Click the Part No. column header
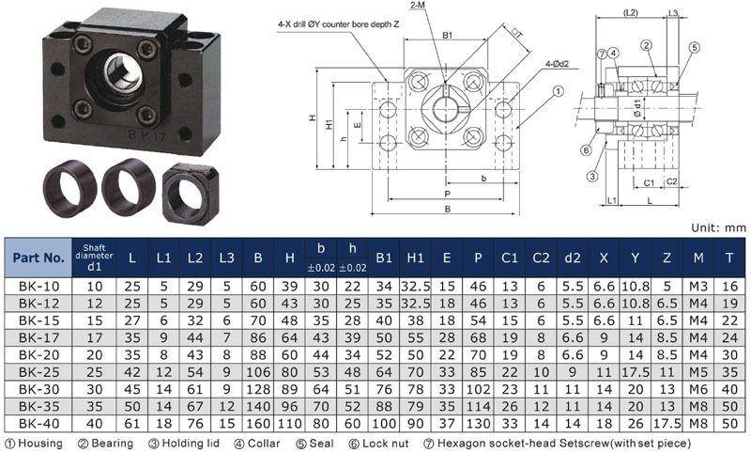[x=38, y=258]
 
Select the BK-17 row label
[x=38, y=338]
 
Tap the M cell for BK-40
[x=698, y=424]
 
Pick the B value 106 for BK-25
[x=258, y=372]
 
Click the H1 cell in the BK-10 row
[x=415, y=287]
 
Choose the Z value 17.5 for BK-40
[x=667, y=424]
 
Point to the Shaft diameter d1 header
[x=94, y=258]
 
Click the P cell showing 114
[x=478, y=407]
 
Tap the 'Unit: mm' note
[x=718, y=228]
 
